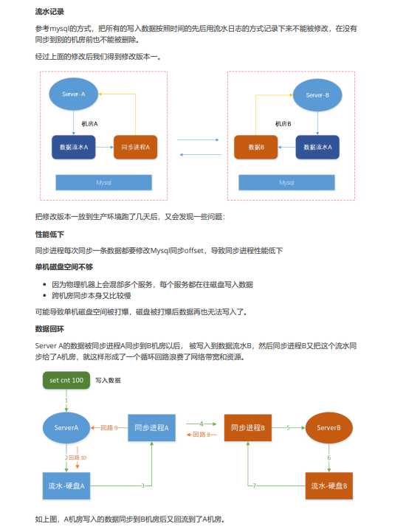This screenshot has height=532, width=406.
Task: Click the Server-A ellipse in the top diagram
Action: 74,94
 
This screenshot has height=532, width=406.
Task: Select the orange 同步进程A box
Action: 135,148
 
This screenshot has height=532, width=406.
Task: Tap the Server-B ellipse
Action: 317,95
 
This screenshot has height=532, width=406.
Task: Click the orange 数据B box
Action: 256,148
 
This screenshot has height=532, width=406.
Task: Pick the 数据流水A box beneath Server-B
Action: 317,148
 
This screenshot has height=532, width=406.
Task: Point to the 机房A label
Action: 89,124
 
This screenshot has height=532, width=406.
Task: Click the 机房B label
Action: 283,124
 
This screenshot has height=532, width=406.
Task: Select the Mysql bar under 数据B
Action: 286,182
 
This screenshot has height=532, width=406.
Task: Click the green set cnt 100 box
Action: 66,380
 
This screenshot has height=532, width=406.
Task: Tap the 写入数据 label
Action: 108,380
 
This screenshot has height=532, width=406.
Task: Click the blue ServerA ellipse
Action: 66,428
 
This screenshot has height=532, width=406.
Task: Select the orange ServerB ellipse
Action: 328,428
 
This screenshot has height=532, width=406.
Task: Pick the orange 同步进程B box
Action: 248,428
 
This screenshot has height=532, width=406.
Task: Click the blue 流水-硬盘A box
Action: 66,486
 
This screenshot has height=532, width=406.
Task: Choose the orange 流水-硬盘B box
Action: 328,486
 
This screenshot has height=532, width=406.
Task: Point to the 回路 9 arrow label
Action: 109,428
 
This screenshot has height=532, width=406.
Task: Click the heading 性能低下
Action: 49,234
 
